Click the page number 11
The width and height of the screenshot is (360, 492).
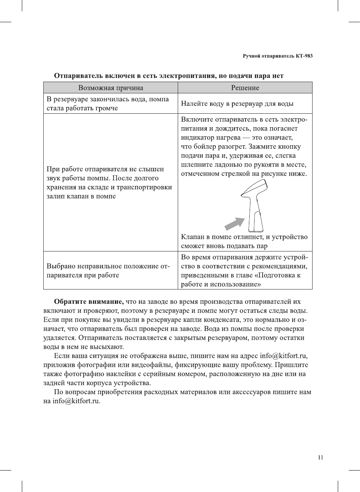[x=320, y=457]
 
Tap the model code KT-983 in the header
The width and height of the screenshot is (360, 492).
[x=304, y=56]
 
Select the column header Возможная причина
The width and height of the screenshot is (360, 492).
[x=110, y=88]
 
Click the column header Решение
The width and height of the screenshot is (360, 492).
[x=245, y=88]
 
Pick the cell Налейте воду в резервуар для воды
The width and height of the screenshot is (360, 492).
[x=237, y=104]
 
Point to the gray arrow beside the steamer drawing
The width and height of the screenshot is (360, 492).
[x=234, y=224]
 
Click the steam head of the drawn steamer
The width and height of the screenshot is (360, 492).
[x=256, y=188]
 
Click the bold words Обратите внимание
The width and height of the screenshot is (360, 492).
[x=89, y=302]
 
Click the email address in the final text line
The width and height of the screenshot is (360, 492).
[x=76, y=401]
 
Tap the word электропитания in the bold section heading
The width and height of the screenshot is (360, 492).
[x=187, y=76]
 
